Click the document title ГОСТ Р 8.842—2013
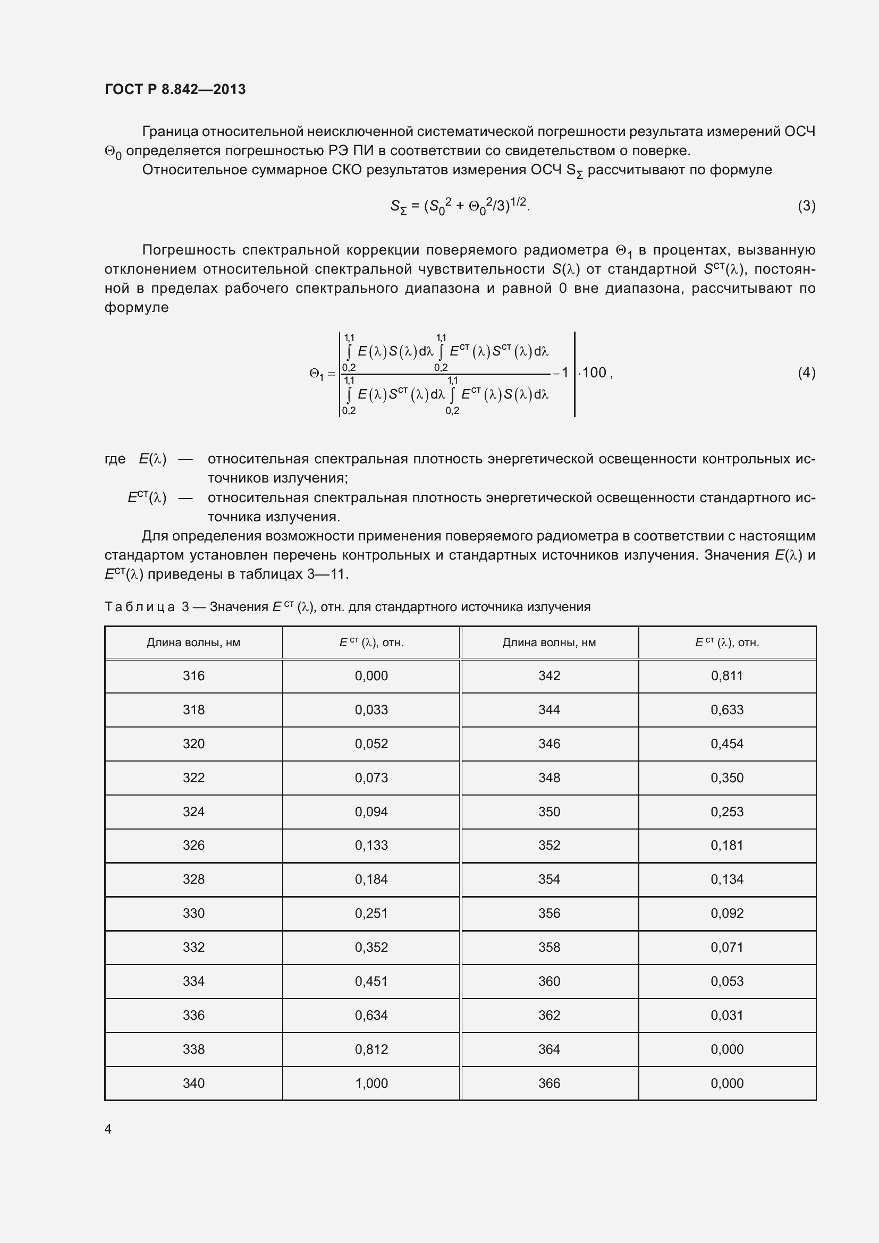point(175,89)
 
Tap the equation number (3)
point(806,206)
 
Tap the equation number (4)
point(806,373)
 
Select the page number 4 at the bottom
point(108,1129)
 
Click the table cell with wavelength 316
point(193,675)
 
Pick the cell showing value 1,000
point(371,1083)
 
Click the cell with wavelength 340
point(193,1083)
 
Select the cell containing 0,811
point(726,675)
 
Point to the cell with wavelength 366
point(549,1083)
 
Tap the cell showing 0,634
point(371,1015)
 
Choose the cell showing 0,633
point(726,710)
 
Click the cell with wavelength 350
point(549,811)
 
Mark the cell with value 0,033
point(371,710)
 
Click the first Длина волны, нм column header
point(193,642)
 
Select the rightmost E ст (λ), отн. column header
point(726,642)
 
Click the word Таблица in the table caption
point(140,607)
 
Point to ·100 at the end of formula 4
point(594,373)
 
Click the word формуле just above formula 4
point(137,308)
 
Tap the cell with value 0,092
point(726,914)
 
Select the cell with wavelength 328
point(193,879)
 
